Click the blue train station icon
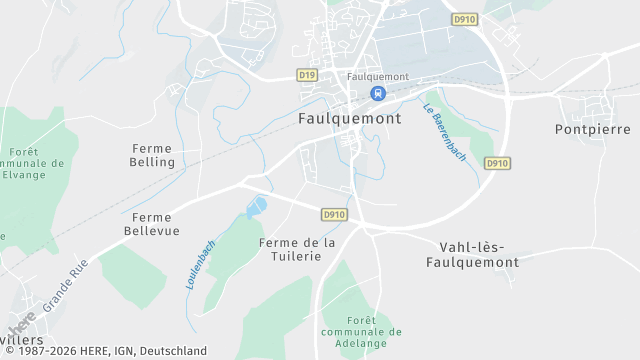pos(378,93)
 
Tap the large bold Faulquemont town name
pos(350,118)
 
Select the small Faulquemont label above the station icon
pos(378,76)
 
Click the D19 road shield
pos(307,75)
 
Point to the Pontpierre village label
pos(592,130)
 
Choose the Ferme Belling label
pos(152,155)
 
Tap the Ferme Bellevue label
pos(152,224)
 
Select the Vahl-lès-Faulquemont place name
pos(479,254)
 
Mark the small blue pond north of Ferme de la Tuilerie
pos(257,207)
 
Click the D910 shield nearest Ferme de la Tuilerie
pos(334,215)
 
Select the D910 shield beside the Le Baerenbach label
pos(497,163)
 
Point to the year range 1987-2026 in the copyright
pos(50,351)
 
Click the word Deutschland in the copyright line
pos(174,351)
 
